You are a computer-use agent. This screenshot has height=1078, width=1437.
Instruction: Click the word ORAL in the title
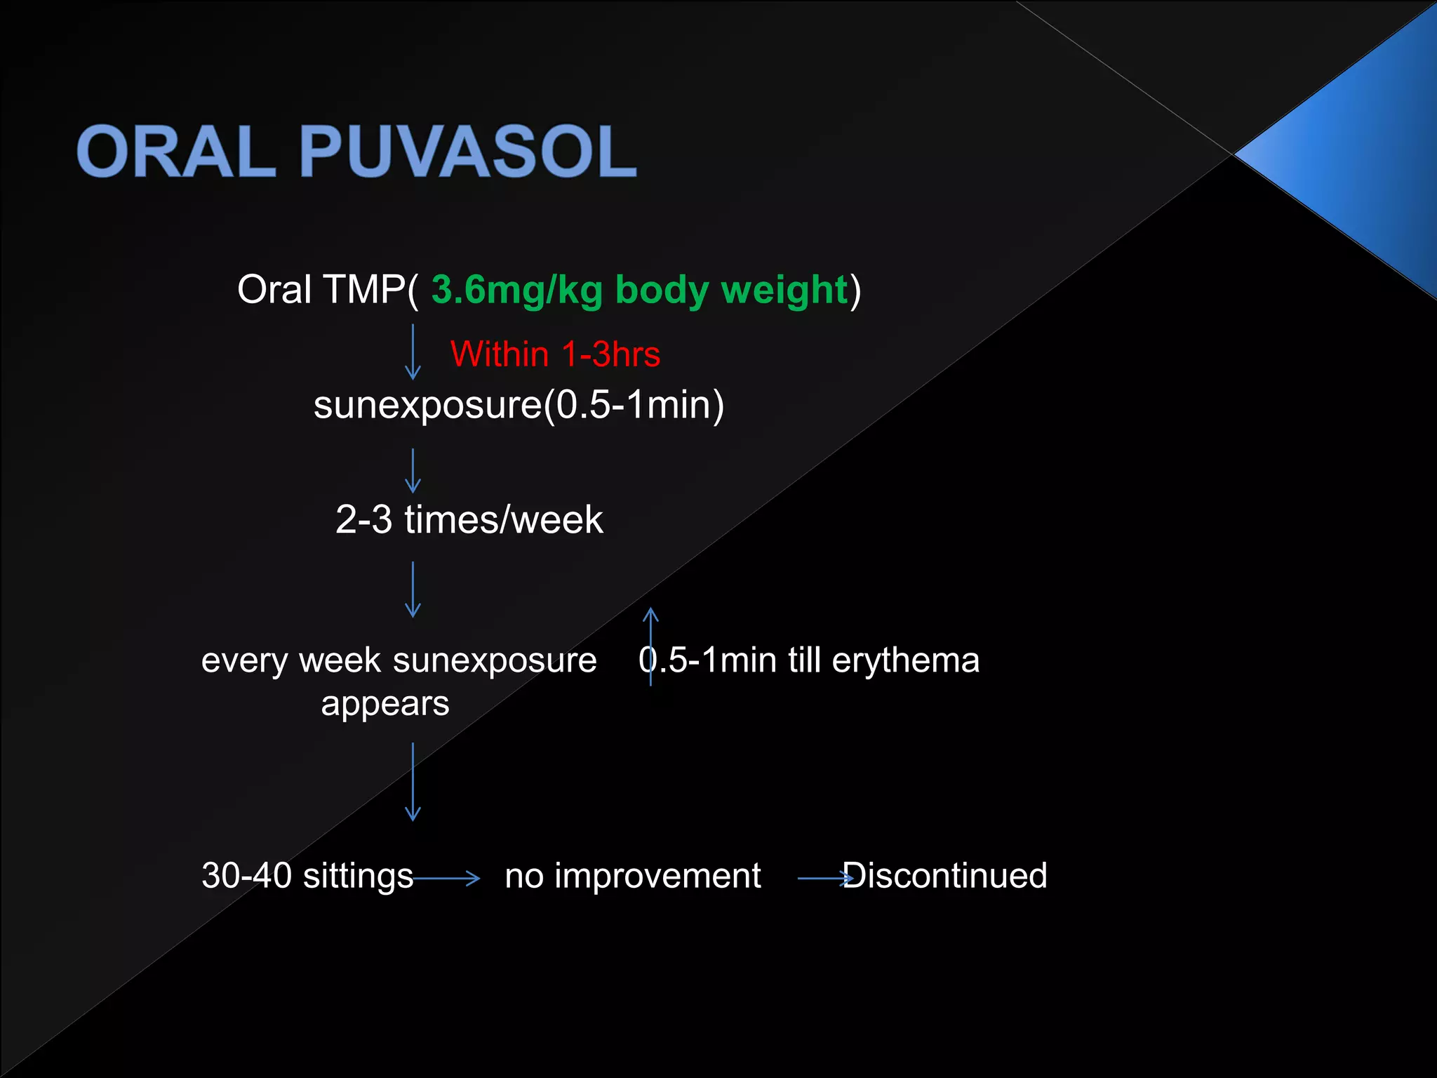point(175,151)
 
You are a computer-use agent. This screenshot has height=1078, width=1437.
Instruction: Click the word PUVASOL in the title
point(468,151)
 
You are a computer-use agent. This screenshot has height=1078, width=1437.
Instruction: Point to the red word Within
point(499,354)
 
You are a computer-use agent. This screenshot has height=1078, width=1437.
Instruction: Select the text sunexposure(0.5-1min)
point(519,405)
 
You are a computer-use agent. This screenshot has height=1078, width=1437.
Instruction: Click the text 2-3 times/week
point(469,519)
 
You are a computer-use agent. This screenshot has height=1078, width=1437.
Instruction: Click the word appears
point(385,703)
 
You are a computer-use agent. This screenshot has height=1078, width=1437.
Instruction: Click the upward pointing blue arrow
point(650,646)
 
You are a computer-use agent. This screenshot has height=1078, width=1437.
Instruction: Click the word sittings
point(358,875)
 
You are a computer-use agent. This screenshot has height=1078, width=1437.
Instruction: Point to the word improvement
point(657,875)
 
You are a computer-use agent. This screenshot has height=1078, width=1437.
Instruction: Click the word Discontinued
point(944,875)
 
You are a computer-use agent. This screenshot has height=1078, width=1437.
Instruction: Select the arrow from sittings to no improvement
point(446,877)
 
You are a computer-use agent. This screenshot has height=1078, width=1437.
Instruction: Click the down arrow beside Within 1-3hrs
point(413,352)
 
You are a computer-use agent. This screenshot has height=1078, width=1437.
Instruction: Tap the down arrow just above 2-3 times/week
point(413,471)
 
